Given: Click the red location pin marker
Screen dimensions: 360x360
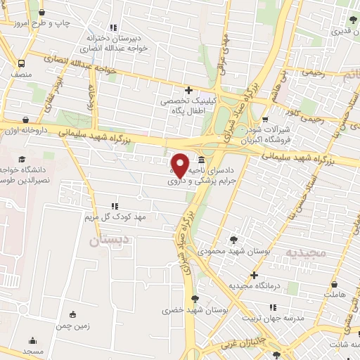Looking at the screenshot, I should click(x=180, y=166).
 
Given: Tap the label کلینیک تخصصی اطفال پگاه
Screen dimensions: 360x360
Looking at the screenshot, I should click(x=188, y=107).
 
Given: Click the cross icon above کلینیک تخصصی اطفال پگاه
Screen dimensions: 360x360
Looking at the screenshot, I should click(x=188, y=89).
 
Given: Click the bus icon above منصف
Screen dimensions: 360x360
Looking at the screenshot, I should click(x=20, y=61).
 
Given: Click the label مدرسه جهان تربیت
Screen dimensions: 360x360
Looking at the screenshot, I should click(x=280, y=317).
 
